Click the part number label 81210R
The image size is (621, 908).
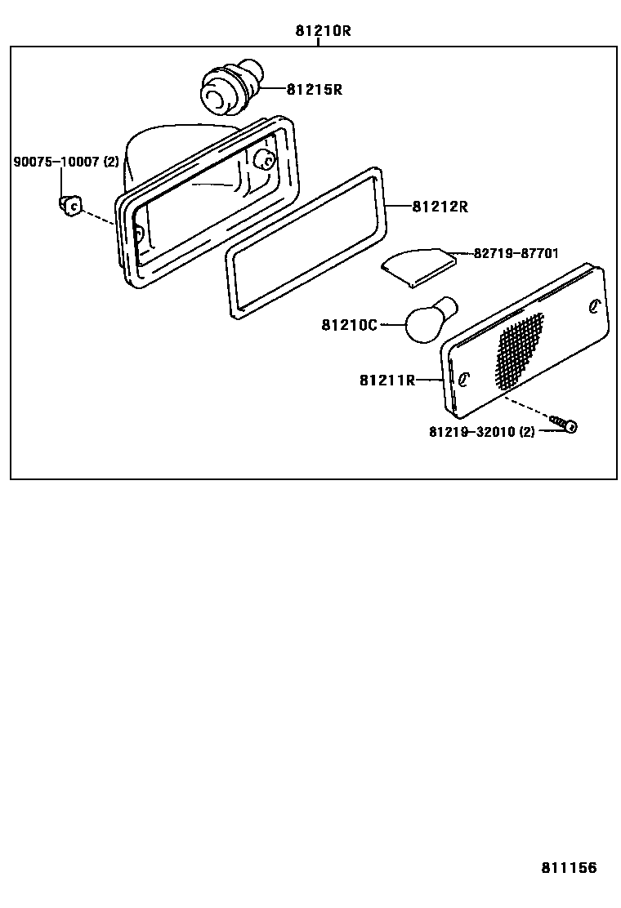click(323, 31)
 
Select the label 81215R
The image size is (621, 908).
click(314, 90)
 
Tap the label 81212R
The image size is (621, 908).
click(440, 207)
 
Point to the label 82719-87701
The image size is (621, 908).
click(516, 253)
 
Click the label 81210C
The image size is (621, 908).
click(349, 325)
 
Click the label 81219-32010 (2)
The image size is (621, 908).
click(481, 431)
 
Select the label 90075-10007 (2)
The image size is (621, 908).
click(66, 162)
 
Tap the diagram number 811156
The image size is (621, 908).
click(568, 867)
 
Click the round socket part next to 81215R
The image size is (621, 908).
click(228, 89)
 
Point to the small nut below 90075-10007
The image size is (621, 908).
click(69, 205)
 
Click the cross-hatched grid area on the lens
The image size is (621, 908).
click(520, 349)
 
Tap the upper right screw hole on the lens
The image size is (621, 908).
click(594, 306)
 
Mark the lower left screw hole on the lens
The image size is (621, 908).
click(463, 380)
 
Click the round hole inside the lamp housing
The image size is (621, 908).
click(266, 160)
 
